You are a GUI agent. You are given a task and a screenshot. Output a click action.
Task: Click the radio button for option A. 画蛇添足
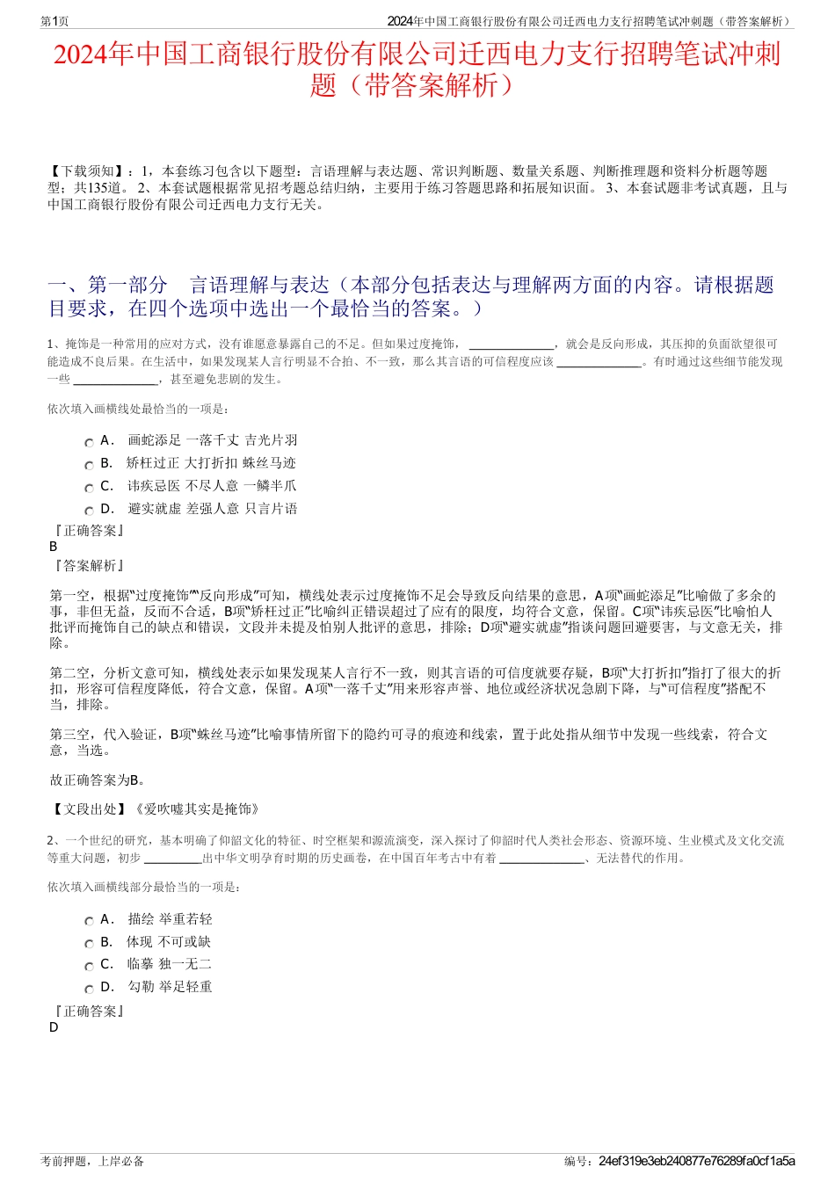coord(89,443)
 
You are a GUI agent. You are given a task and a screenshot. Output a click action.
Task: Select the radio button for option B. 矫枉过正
coord(89,466)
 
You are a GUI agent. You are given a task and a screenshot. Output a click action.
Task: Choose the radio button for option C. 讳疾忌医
coord(89,489)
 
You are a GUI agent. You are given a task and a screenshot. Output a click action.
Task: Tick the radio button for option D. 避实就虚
coord(89,511)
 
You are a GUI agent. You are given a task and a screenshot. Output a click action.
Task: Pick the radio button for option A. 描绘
coord(89,922)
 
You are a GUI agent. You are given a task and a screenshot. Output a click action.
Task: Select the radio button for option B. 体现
coord(89,944)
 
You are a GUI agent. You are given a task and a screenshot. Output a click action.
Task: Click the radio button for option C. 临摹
coord(89,967)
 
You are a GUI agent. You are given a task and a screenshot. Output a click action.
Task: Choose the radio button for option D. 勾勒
coord(89,990)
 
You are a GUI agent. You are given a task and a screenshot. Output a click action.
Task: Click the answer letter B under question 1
coord(54,546)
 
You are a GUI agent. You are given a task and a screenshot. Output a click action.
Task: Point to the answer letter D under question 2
coord(54,1026)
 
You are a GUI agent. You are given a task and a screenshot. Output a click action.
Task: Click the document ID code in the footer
coord(696,1161)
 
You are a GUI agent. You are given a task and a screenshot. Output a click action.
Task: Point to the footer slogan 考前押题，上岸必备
coord(92,1161)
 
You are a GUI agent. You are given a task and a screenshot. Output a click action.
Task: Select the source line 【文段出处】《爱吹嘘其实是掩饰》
coord(155,809)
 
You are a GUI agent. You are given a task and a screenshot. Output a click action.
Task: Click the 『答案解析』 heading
coord(88,566)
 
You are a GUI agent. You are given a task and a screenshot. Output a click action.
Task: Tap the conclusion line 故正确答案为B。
coord(98,780)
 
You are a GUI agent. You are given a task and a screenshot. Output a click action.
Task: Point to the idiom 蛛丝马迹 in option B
coord(270,463)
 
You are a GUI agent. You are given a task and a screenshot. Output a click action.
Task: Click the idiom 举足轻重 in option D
coord(185,987)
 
